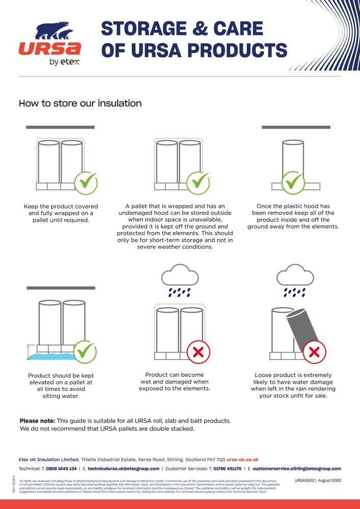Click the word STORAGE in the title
[151, 29]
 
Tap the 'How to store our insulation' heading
[80, 103]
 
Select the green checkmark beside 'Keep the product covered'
[86, 182]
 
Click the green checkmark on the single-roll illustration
[293, 182]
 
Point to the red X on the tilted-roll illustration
[315, 351]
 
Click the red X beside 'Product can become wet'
[199, 351]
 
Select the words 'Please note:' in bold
[37, 421]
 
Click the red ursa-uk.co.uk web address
[242, 459]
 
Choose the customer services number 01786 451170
[227, 468]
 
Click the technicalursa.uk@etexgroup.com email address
[124, 468]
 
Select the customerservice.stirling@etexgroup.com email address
[296, 468]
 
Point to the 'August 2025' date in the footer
[329, 480]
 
